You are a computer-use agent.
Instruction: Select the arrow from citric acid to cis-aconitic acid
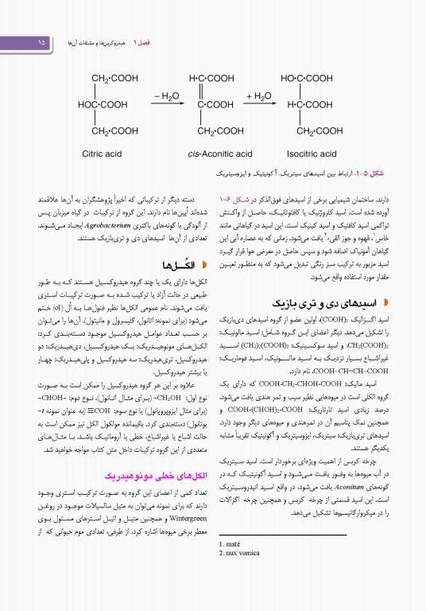pos(165,104)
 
